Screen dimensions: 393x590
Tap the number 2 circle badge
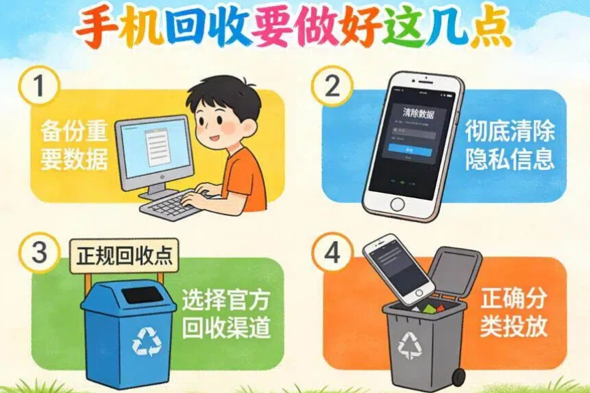point(331,87)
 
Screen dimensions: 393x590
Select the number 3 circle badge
point(39,253)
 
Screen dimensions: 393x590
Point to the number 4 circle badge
point(332,254)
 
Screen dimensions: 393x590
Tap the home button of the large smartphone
point(397,202)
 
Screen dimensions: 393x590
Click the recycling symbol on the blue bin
point(147,341)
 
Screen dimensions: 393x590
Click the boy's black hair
point(224,95)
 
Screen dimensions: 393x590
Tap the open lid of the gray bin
point(456,270)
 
